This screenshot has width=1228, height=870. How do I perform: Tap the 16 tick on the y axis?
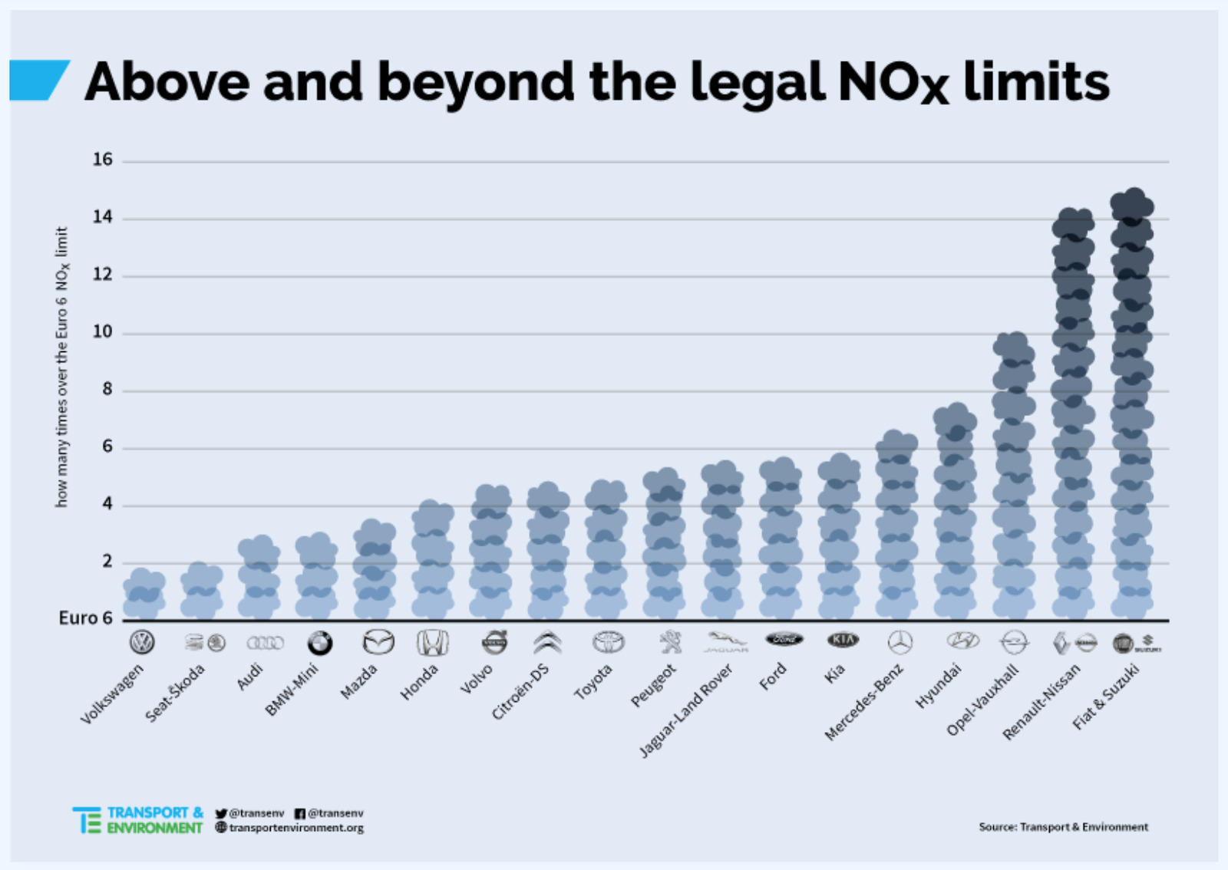tap(102, 160)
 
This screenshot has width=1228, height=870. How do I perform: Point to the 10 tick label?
tap(102, 332)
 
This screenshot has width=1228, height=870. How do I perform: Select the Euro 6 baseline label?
tap(85, 618)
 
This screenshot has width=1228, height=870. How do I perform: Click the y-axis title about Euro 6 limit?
tap(62, 367)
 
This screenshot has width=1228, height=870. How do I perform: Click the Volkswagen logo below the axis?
tap(142, 642)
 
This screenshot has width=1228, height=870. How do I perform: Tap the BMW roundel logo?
tap(319, 643)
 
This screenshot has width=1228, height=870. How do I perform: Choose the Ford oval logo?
tap(784, 639)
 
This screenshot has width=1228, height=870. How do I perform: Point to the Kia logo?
tap(843, 639)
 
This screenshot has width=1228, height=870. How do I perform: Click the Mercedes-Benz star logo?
tap(900, 642)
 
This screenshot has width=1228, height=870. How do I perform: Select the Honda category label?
tap(419, 682)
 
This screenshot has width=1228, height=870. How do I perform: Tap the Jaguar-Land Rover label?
tap(685, 710)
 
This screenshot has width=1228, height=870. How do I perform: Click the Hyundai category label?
tap(938, 686)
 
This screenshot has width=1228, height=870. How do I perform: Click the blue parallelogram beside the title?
tap(38, 81)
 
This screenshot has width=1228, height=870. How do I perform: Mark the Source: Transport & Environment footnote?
tap(1063, 826)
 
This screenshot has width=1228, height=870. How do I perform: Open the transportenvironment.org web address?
tap(295, 828)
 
